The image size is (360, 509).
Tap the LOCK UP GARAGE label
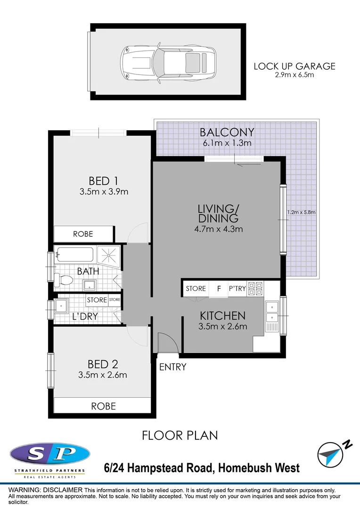click(295, 66)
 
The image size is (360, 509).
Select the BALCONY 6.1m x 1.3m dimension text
click(227, 143)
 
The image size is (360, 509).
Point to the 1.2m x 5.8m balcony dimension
click(302, 212)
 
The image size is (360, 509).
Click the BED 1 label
click(103, 181)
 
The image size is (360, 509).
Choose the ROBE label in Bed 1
click(83, 234)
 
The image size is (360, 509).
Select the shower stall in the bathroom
click(108, 255)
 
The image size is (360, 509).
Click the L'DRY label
click(85, 316)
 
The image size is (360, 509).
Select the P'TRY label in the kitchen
click(237, 288)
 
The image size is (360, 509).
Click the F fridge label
click(219, 288)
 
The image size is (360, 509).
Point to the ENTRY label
click(172, 367)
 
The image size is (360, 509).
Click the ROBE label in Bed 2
click(103, 405)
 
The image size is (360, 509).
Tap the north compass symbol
click(330, 454)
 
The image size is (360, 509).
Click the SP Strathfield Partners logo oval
click(49, 454)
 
